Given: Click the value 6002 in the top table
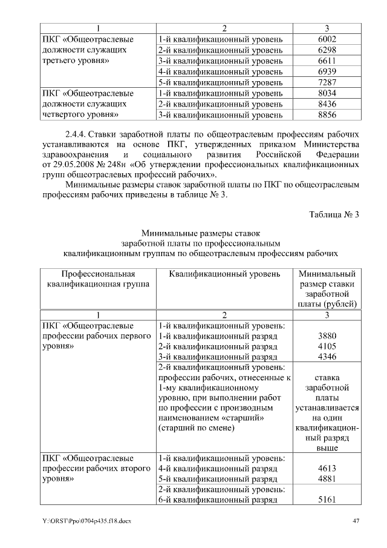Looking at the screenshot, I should click(x=326, y=39).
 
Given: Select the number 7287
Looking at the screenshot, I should click(x=326, y=82).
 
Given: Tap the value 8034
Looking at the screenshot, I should click(x=326, y=93).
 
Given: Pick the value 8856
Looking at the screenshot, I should click(x=326, y=114).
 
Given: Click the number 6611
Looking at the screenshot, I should click(x=326, y=61).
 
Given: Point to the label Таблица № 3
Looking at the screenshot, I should click(x=334, y=214).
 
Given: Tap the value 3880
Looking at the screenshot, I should click(x=326, y=336).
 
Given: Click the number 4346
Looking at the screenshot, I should click(x=326, y=358).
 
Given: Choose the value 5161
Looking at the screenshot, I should click(x=326, y=500).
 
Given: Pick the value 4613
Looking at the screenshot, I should click(x=326, y=468).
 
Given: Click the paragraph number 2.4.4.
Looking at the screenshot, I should click(x=78, y=133).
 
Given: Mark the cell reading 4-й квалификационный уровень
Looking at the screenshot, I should click(x=220, y=72).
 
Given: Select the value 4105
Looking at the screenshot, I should click(x=326, y=347).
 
